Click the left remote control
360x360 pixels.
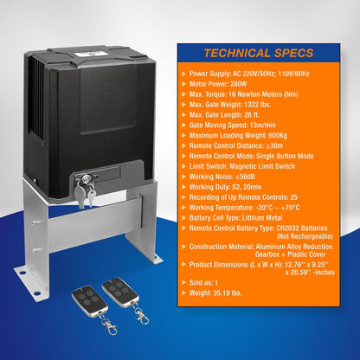tap(90, 299)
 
